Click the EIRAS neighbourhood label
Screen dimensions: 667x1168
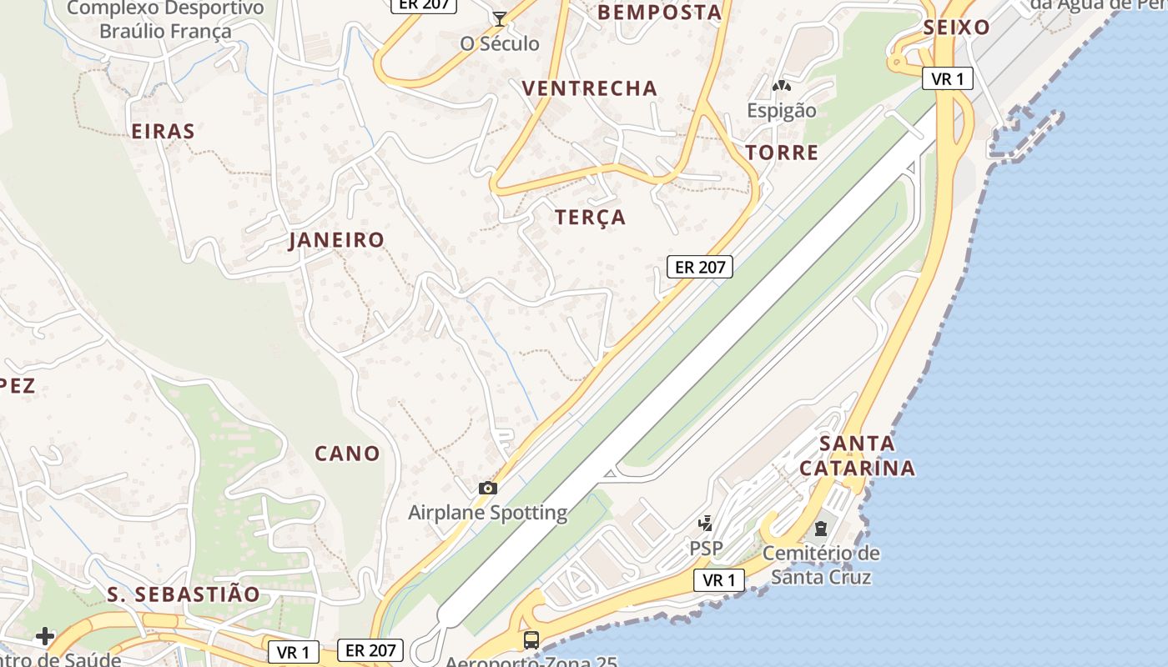[164, 131]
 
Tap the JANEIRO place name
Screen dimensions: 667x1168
[337, 240]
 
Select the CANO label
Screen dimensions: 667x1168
[347, 454]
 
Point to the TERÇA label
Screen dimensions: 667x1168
[591, 218]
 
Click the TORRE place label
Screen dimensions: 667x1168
[782, 153]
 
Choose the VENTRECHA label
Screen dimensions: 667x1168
[590, 88]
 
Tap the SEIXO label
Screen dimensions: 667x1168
[956, 28]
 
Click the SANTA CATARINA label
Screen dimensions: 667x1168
[857, 455]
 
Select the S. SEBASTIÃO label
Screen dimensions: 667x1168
[184, 594]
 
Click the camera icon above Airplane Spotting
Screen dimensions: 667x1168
[488, 489]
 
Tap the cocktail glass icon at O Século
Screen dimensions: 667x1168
[500, 19]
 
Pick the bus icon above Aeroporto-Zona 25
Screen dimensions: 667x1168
[531, 640]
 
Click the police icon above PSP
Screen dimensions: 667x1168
[706, 524]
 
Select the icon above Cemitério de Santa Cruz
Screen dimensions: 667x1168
[821, 528]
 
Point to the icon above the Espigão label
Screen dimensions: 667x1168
[782, 86]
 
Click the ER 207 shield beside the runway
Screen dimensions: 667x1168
[700, 267]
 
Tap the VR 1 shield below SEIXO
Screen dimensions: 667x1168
[948, 79]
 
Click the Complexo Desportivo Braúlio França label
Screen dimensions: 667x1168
[165, 20]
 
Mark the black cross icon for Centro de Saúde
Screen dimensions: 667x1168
[45, 637]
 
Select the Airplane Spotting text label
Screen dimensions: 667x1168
[488, 513]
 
